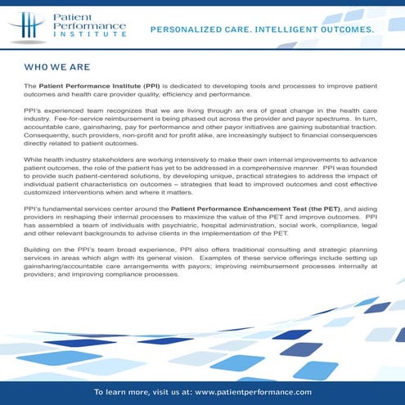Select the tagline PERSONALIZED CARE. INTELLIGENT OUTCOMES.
[x=262, y=29]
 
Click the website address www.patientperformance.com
[x=254, y=392]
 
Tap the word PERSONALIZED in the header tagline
[x=186, y=29]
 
